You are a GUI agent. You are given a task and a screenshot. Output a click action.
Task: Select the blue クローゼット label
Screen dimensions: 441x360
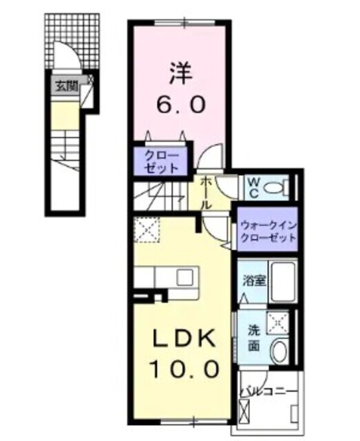(x=162, y=161)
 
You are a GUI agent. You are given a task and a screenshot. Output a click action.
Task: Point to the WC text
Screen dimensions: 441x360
(x=253, y=187)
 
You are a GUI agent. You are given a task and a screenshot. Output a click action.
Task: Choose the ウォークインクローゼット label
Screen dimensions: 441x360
(x=267, y=230)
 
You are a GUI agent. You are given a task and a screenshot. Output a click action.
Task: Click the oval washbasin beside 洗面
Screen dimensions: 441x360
(x=280, y=351)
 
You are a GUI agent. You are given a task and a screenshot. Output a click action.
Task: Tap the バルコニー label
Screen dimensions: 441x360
(x=268, y=392)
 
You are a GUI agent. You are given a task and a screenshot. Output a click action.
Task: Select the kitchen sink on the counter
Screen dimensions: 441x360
(x=185, y=277)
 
